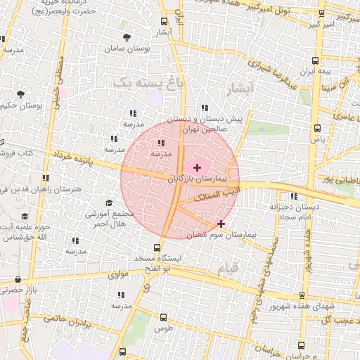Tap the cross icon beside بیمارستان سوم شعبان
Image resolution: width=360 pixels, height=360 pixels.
(x=221, y=223)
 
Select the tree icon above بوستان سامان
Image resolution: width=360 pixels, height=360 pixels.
(x=127, y=37)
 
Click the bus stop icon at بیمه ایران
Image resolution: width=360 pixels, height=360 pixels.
(x=316, y=60)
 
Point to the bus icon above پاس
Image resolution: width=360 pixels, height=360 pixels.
(x=318, y=129)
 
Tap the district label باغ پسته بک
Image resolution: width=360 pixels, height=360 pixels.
(x=141, y=83)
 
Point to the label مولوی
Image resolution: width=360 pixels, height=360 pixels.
(x=119, y=274)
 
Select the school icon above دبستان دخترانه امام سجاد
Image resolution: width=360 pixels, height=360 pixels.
(x=293, y=196)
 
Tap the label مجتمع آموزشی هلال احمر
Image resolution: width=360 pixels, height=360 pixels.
(x=109, y=218)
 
